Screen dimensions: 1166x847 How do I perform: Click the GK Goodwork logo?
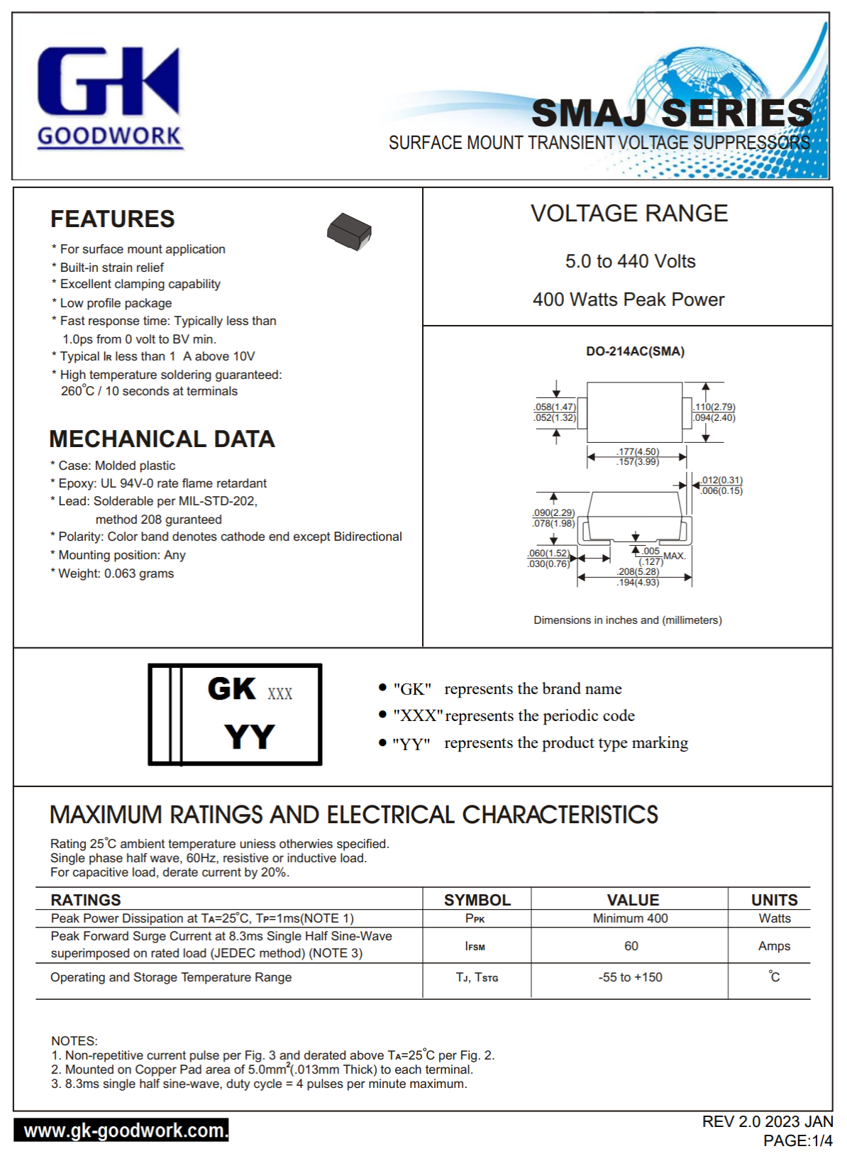pyautogui.click(x=110, y=97)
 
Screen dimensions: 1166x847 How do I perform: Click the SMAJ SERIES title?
pyautogui.click(x=671, y=114)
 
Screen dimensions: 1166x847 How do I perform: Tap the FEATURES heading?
pyautogui.click(x=112, y=219)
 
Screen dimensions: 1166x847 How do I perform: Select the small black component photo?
pyautogui.click(x=349, y=231)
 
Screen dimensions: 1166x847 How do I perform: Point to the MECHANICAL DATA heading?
pyautogui.click(x=162, y=439)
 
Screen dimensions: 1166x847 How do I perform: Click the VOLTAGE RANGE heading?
pyautogui.click(x=629, y=214)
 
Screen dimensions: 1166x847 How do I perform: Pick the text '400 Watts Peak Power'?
pyautogui.click(x=629, y=299)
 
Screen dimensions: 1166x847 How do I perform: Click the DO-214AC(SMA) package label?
pyautogui.click(x=635, y=351)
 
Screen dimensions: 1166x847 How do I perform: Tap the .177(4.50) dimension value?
pyautogui.click(x=638, y=451)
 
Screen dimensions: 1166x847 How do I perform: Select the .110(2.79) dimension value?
pyautogui.click(x=714, y=407)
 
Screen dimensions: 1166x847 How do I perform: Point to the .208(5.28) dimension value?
pyautogui.click(x=638, y=571)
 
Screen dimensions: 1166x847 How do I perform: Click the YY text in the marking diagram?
pyautogui.click(x=249, y=737)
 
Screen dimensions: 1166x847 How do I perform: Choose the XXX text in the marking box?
pyautogui.click(x=279, y=694)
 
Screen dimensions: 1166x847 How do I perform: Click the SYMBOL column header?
pyautogui.click(x=477, y=900)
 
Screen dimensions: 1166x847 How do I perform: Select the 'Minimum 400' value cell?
pyautogui.click(x=630, y=918)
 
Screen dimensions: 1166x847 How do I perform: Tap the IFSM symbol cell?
pyautogui.click(x=475, y=946)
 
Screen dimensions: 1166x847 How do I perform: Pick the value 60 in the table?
pyautogui.click(x=631, y=946)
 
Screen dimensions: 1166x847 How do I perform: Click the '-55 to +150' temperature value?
pyautogui.click(x=630, y=977)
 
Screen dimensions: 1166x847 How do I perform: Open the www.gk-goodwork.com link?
pyautogui.click(x=121, y=1130)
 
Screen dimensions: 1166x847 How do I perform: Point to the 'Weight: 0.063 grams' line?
pyautogui.click(x=116, y=573)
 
